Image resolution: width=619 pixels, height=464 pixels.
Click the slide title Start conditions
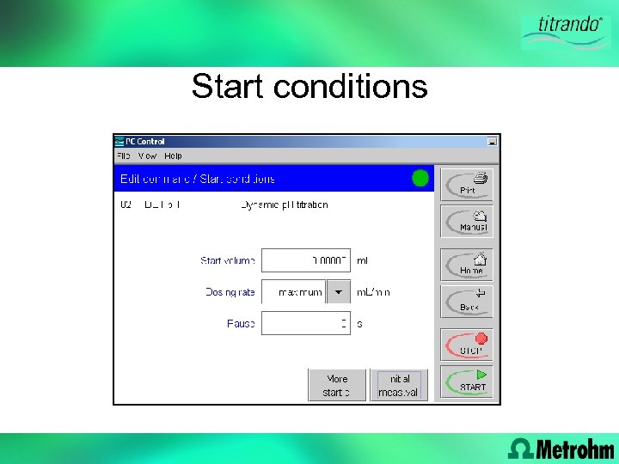309,86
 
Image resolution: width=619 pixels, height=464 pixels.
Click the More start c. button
337,385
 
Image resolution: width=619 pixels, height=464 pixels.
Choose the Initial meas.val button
399,385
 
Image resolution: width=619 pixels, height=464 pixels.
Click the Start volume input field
305,260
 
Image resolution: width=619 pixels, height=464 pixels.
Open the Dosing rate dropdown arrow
339,292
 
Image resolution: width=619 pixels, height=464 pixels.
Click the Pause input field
305,324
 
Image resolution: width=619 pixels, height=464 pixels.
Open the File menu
123,156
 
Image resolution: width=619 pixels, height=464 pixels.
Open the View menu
147,156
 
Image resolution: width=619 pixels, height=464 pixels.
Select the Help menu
173,156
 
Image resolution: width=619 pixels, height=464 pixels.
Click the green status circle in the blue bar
420,178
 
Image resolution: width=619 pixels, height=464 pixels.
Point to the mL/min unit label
373,292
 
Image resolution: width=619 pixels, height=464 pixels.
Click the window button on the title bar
492,142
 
